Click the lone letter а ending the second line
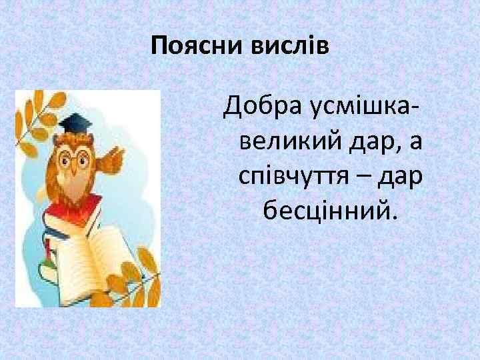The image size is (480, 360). (417, 142)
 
